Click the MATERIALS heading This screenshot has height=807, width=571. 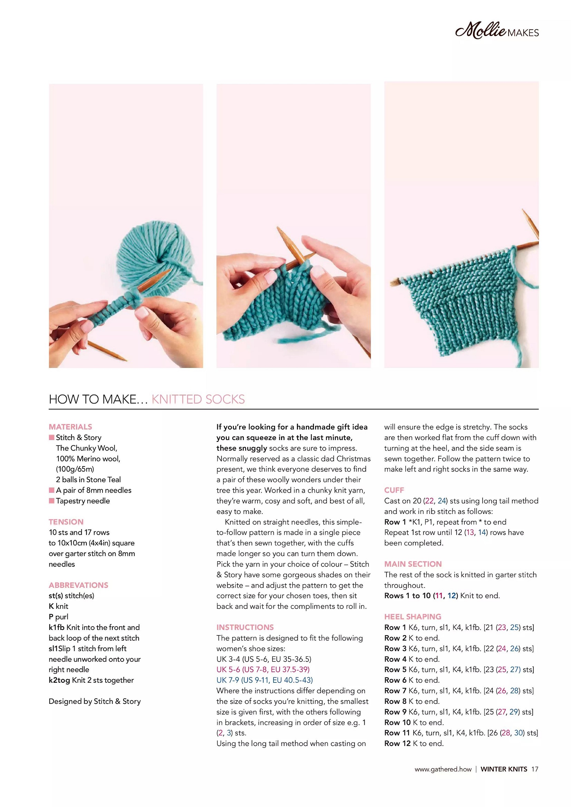70,427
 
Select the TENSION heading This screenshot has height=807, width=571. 66,522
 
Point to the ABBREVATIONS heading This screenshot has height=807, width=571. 78,585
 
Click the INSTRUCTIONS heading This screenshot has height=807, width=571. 245,627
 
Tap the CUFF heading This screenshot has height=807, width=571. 394,490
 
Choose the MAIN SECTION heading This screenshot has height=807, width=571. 413,564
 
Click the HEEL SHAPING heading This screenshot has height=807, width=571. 413,616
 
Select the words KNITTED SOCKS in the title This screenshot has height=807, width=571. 198,399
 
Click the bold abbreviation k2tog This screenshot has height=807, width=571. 59,680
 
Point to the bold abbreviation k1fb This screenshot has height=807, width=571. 56,627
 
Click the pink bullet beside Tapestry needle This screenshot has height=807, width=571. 52,500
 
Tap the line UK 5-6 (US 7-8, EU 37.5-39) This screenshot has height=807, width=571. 263,669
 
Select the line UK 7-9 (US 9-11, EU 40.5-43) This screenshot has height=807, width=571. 264,680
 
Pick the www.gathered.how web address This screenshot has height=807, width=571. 443,769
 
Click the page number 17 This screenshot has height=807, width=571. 534,769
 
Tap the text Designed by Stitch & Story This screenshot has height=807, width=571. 95,701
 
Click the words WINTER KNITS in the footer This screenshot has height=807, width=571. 503,769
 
